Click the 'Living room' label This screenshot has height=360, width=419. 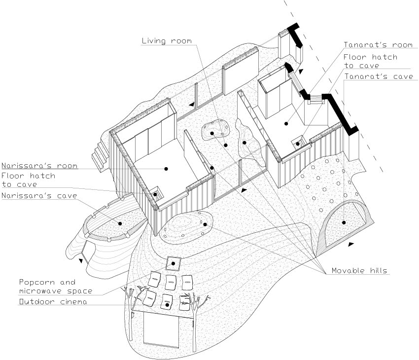[166, 41]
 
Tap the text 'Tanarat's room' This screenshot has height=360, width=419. [378, 45]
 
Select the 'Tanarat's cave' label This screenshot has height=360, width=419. [378, 77]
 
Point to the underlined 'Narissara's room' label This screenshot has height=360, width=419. [39, 166]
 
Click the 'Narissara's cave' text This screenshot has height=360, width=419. [39, 196]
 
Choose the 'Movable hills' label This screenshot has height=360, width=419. [359, 271]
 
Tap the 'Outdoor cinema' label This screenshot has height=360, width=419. [53, 301]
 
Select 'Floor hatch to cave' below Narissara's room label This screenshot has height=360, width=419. [28, 180]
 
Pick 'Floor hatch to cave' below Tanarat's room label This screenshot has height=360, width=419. [370, 61]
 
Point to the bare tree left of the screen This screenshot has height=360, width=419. [131, 311]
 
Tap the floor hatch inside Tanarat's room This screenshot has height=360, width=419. [298, 143]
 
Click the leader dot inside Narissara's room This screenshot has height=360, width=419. [166, 169]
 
